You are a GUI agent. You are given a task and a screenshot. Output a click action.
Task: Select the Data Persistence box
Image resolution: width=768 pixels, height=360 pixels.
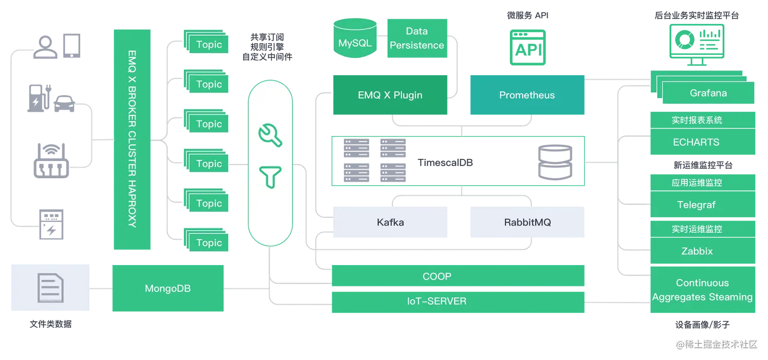tap(418, 38)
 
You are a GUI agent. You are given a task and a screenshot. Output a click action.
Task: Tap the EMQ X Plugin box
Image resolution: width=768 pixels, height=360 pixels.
tap(390, 95)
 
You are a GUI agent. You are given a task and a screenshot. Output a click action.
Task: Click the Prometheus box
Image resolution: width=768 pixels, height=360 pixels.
tap(527, 95)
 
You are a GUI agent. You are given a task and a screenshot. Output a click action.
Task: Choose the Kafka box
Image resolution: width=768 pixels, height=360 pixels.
tap(390, 222)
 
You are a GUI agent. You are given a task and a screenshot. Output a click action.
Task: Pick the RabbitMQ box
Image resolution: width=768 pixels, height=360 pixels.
tap(527, 222)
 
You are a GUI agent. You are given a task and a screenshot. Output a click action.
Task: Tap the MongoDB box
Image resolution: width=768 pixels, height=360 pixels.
tap(168, 288)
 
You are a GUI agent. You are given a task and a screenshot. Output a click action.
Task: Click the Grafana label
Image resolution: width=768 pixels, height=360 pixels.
tap(708, 93)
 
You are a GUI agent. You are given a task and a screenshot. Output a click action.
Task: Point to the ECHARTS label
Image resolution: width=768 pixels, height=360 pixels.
tap(696, 142)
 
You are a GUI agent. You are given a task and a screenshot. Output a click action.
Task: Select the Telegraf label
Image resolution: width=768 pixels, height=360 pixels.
tap(696, 205)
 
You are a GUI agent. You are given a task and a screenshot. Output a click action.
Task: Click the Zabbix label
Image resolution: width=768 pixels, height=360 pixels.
tap(697, 251)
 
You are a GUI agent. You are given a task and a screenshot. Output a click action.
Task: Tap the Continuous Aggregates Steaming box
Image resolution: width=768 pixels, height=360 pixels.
tap(702, 290)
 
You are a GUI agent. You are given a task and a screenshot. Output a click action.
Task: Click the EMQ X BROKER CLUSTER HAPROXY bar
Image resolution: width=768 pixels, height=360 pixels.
tap(132, 140)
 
